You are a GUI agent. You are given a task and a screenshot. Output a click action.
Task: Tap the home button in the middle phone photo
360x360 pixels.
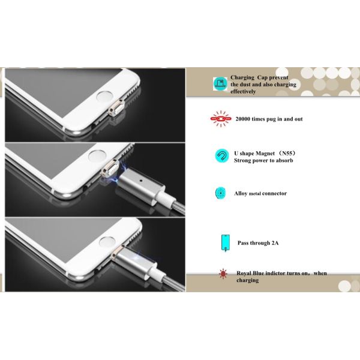(x=97, y=155)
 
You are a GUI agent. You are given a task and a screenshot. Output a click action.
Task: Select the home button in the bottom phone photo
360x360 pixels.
(x=107, y=242)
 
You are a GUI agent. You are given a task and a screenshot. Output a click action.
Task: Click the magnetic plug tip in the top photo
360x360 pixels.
(x=116, y=108)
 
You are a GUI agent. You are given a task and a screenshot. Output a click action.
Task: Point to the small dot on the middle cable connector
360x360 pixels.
(x=141, y=181)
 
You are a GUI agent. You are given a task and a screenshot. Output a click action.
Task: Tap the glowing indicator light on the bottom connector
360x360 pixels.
(x=137, y=258)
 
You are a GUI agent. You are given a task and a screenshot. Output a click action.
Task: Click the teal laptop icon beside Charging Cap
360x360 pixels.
(x=220, y=84)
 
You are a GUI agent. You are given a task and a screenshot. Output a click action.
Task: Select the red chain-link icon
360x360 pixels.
(x=220, y=119)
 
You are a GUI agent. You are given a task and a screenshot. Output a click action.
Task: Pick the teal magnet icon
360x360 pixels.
(x=222, y=156)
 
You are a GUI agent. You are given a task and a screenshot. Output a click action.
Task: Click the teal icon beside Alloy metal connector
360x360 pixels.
(x=220, y=193)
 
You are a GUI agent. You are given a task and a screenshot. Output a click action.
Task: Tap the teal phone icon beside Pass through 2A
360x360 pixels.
(x=226, y=242)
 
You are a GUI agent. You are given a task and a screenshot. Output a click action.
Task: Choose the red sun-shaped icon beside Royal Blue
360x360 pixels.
(x=223, y=274)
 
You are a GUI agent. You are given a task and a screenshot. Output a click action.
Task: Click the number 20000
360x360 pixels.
(x=242, y=119)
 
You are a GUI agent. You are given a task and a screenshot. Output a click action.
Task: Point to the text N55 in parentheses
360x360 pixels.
(x=287, y=153)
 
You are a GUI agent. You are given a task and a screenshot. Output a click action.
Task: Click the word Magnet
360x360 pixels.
(x=265, y=154)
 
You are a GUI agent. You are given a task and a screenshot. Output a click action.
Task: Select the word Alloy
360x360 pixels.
(x=241, y=194)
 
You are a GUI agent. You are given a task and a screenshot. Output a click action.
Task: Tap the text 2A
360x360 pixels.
(x=275, y=243)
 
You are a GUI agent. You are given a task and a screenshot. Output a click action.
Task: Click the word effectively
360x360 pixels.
(x=243, y=91)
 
